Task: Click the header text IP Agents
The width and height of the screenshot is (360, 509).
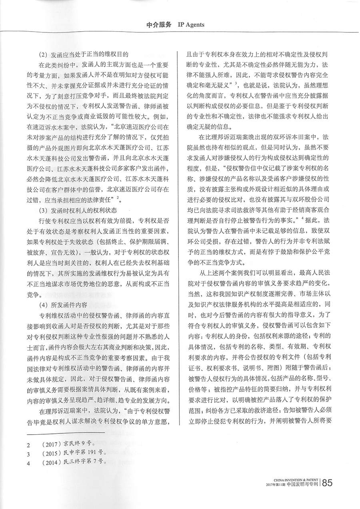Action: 191,24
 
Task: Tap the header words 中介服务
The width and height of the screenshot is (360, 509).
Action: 159,24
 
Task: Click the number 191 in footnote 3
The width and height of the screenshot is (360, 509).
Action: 95,453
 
